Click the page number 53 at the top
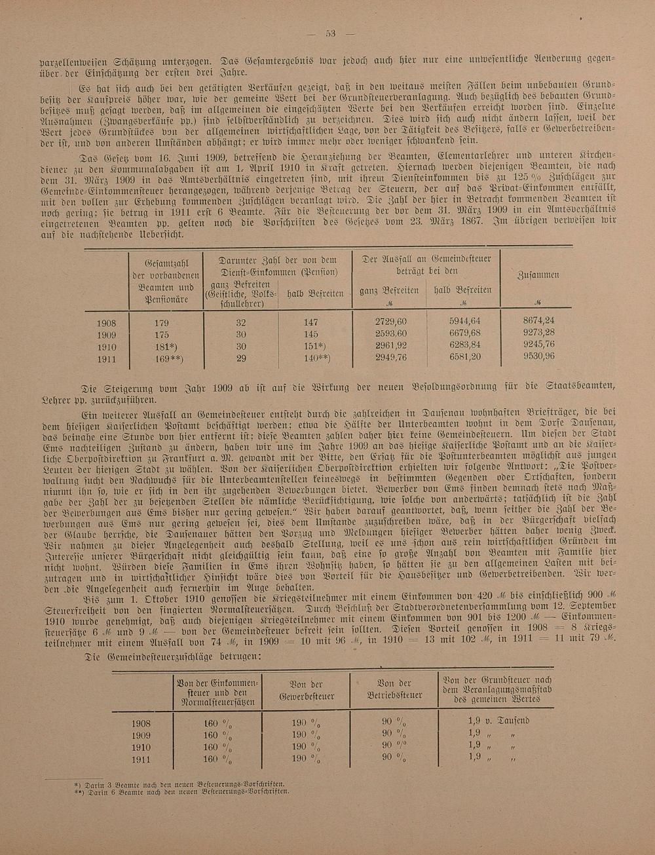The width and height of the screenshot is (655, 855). pos(331,34)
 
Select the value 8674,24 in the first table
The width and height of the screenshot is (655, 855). pos(538,320)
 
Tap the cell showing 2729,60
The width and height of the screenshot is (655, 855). pos(390,322)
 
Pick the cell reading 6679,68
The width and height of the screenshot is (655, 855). pos(465,333)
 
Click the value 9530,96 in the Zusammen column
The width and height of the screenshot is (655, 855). pos(538,356)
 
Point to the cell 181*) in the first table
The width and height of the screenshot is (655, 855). pos(165,346)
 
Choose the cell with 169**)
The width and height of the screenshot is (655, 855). pos(168,358)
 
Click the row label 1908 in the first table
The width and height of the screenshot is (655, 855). pos(106,323)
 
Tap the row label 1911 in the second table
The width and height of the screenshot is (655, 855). pos(141,759)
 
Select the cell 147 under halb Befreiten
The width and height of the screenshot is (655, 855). pos(310,322)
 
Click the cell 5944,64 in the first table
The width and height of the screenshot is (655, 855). pos(465,321)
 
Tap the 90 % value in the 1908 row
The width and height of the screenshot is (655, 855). pos(394,722)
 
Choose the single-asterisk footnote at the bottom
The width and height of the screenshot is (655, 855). pos(183,784)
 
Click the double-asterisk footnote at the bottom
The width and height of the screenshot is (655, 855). pos(183,791)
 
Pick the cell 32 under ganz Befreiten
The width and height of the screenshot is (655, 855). pos(241,322)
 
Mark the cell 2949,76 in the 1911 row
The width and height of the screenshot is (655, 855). pos(390,357)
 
